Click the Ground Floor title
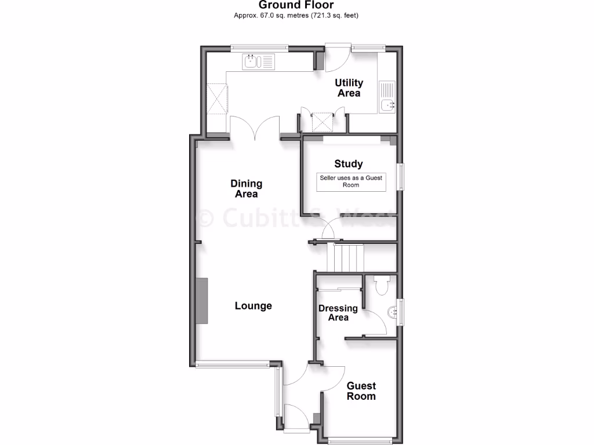click(296, 5)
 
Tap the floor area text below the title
click(296, 16)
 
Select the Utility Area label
click(349, 88)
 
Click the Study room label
click(349, 164)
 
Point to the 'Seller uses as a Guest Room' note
click(351, 181)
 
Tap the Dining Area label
click(247, 189)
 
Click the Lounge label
click(253, 306)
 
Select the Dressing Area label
click(338, 313)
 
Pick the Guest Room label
click(361, 391)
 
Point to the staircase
click(345, 258)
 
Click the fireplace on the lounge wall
click(201, 300)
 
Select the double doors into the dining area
click(255, 127)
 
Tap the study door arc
click(332, 229)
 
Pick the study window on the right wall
click(400, 176)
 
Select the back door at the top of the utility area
click(337, 57)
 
